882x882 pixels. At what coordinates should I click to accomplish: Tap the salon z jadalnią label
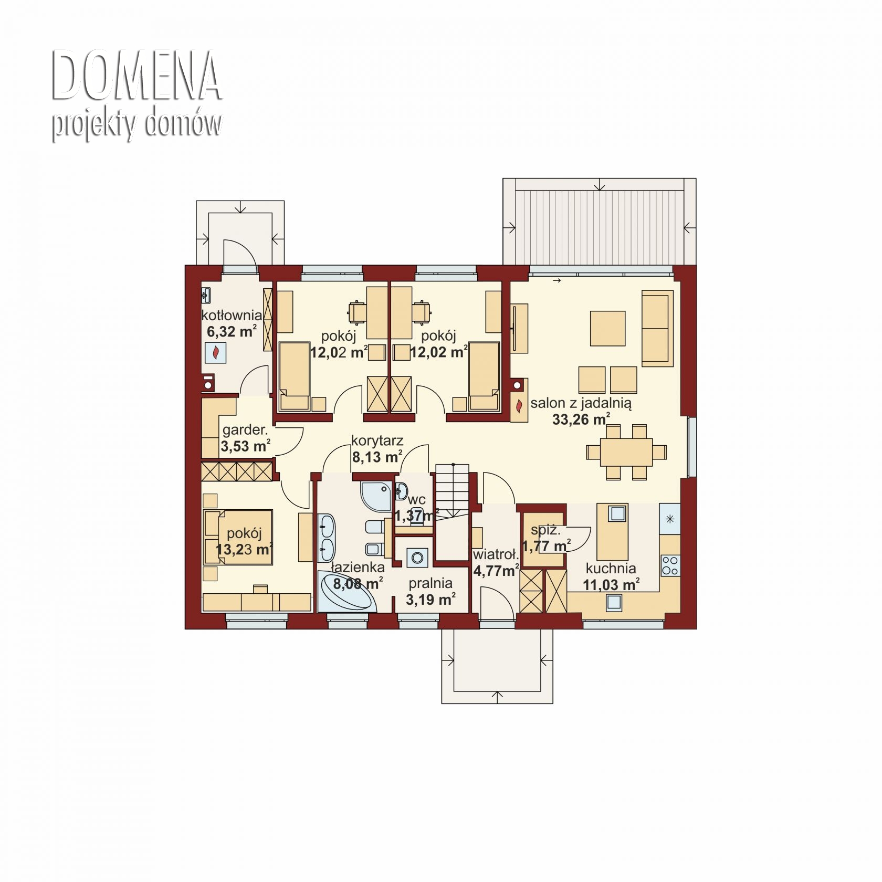point(581,404)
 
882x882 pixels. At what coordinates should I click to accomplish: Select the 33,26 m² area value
point(581,419)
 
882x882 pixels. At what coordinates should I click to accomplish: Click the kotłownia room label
point(232,316)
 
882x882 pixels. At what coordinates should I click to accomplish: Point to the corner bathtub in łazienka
point(347,592)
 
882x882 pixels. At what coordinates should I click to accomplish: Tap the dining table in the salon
point(626,451)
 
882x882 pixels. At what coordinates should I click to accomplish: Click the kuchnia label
point(611,568)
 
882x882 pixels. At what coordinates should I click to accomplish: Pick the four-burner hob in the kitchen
point(670,565)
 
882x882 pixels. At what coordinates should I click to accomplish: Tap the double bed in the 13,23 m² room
point(238,537)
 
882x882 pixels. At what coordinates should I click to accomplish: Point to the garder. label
point(245,430)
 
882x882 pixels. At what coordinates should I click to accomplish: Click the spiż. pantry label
point(545,531)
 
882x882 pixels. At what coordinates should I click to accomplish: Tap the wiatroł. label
point(496,555)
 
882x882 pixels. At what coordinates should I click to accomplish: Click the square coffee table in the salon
point(607,328)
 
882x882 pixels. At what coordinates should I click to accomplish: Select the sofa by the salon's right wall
point(657,329)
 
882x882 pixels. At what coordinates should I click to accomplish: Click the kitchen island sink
point(617,513)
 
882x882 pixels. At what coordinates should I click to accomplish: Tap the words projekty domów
point(136,125)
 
